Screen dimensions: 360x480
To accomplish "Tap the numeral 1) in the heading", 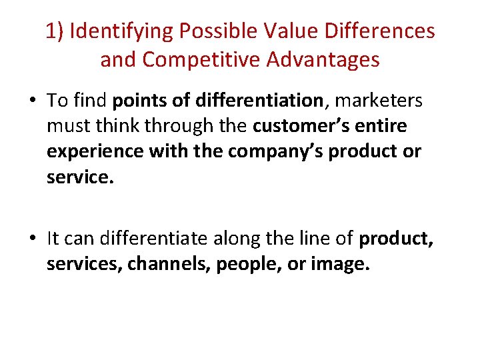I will click(54, 31).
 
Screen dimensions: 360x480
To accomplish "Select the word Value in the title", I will click(280, 31).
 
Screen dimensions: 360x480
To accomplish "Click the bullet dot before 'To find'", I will click(33, 101).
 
